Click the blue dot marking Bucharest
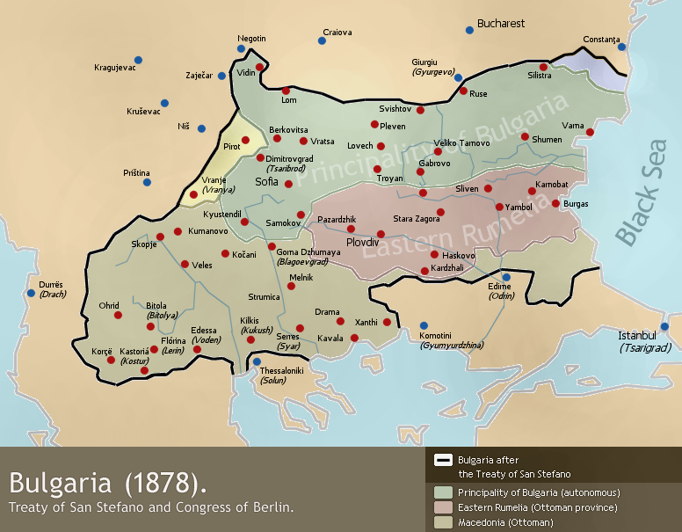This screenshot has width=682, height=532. click(x=469, y=30)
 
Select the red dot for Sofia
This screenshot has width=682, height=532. click(x=288, y=184)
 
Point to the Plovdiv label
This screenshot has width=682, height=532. click(x=362, y=240)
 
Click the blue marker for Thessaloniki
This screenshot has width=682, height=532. click(x=257, y=361)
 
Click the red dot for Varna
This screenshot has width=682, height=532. click(x=591, y=133)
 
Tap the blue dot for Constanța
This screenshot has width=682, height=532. click(x=621, y=47)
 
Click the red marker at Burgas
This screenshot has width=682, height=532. click(x=555, y=204)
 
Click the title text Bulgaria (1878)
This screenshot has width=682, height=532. click(x=110, y=483)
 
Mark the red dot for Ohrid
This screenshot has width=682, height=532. click(x=118, y=315)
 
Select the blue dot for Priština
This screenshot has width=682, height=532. click(x=148, y=182)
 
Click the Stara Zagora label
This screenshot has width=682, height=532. click(x=414, y=217)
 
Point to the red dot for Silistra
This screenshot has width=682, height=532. click(x=543, y=67)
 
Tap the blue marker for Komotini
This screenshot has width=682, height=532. click(x=424, y=325)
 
